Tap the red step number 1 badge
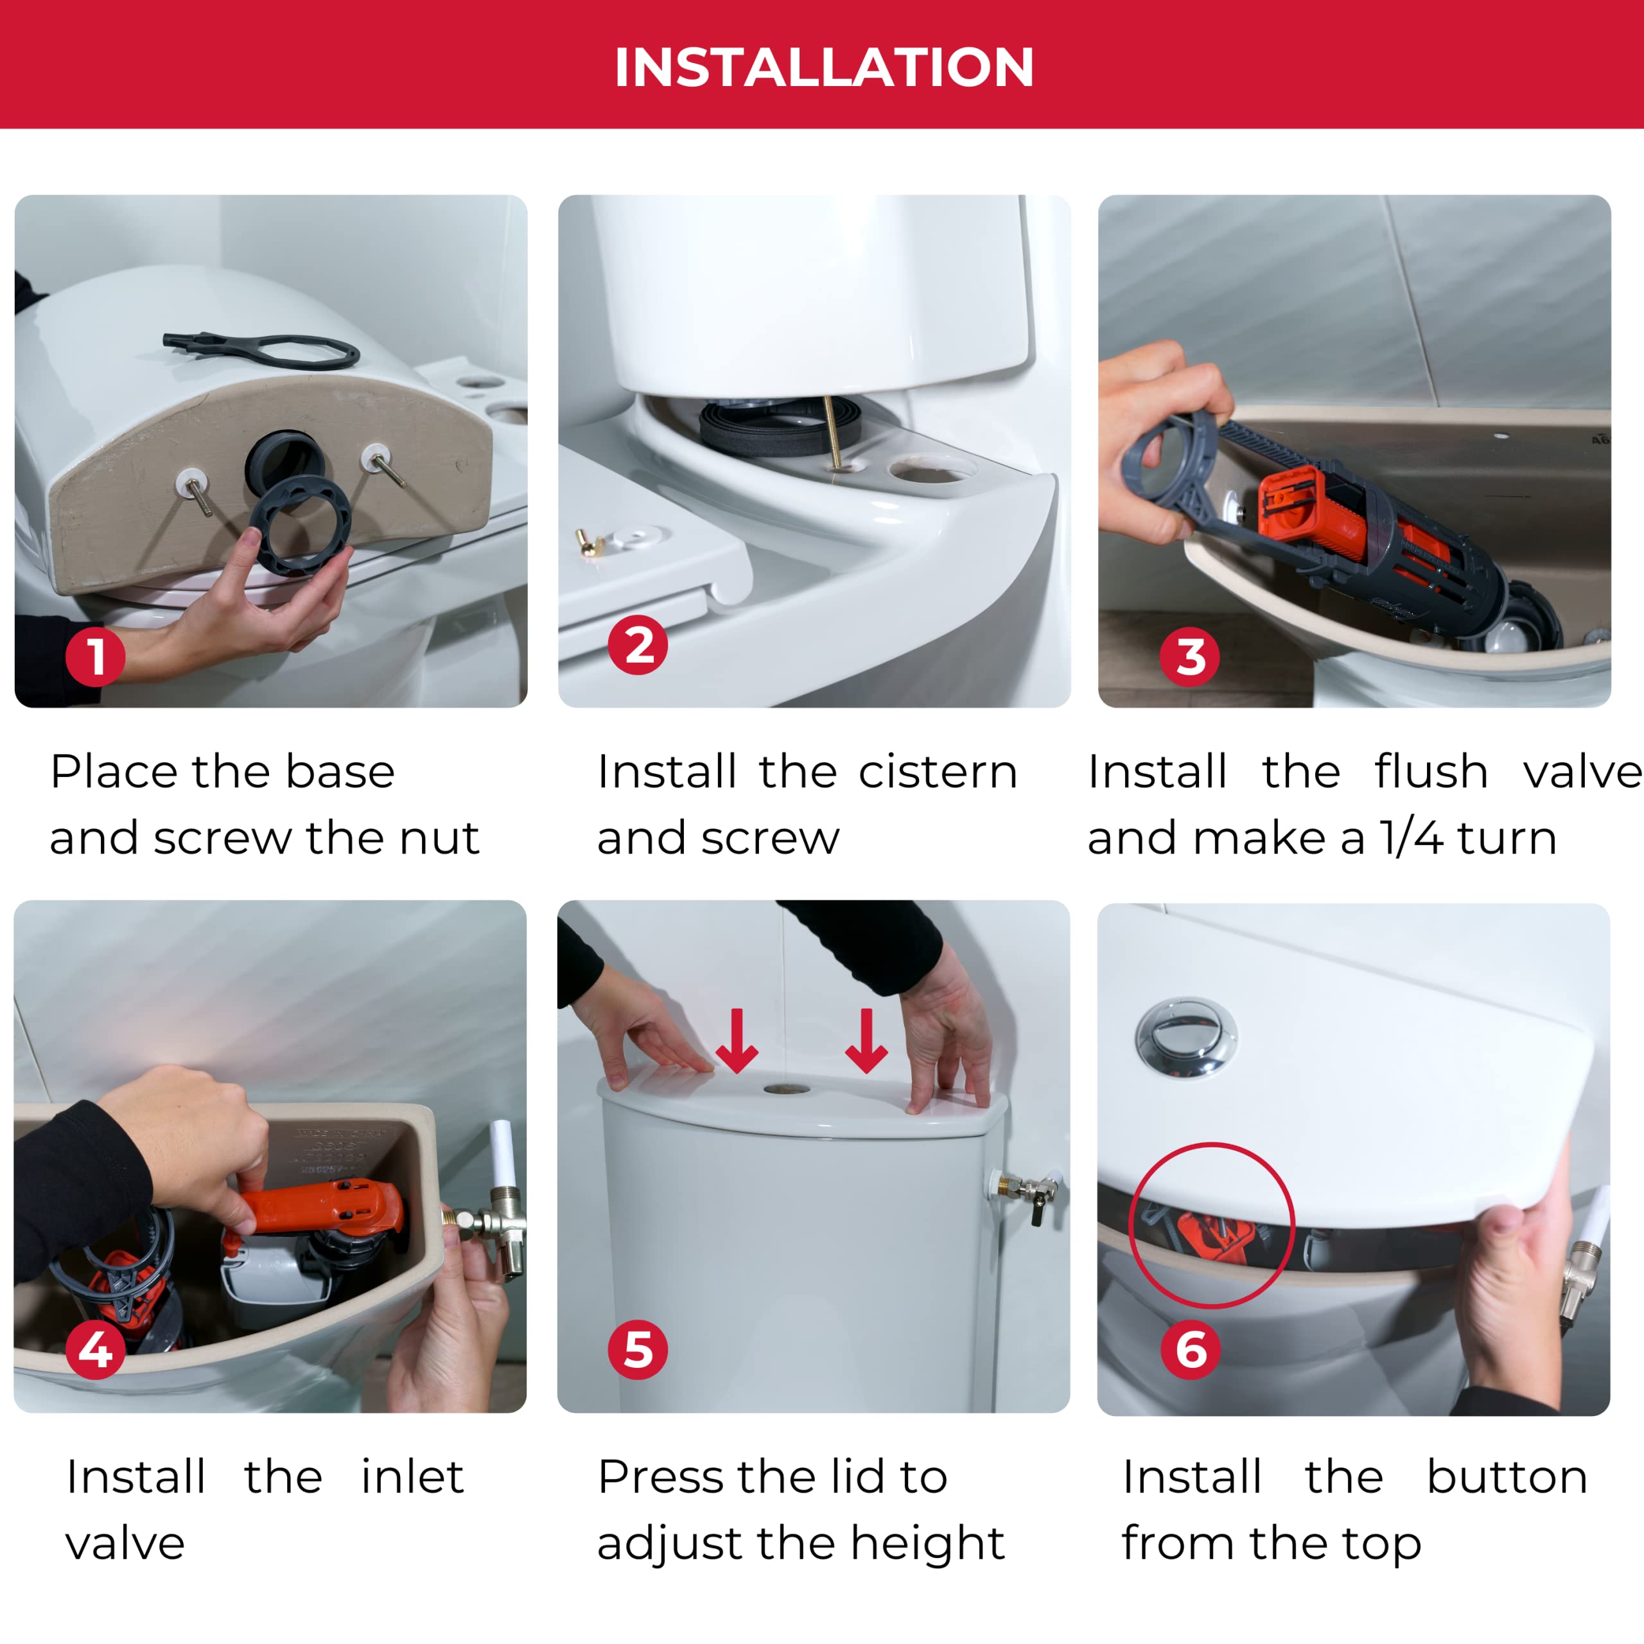coord(95,657)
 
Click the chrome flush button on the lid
coord(1186,1038)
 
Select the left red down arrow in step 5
coord(737,1040)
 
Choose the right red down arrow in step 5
coord(866,1040)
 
